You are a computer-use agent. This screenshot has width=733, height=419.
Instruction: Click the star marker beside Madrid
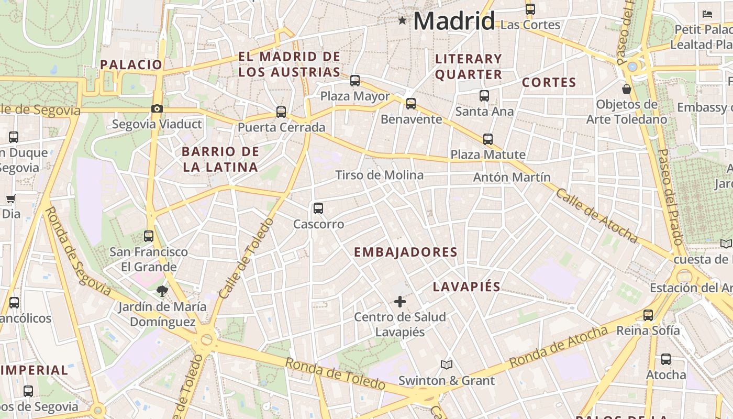point(402,20)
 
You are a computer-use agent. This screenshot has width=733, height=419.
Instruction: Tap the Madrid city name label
point(454,21)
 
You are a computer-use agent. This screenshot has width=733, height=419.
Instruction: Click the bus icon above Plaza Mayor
point(355,81)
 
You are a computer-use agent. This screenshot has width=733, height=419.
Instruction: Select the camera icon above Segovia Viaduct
point(157,109)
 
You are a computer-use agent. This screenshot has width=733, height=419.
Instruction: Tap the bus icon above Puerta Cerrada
point(281,112)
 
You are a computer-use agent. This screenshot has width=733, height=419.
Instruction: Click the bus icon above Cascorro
point(318,208)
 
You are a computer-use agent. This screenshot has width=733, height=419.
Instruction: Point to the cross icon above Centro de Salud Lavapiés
point(400,301)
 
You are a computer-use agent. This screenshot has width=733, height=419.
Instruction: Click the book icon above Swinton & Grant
point(446,365)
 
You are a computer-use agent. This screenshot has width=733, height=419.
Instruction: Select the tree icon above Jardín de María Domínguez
point(162,291)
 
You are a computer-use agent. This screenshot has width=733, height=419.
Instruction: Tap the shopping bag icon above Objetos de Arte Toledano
point(627,89)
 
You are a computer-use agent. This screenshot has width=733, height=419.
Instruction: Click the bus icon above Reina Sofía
point(648,315)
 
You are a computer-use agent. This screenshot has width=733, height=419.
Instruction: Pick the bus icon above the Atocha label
point(666,359)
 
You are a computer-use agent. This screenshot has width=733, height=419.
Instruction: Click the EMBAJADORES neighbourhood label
point(406,252)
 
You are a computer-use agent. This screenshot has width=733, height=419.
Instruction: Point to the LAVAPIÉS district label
point(467,286)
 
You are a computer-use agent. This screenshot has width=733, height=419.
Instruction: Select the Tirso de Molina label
point(379,175)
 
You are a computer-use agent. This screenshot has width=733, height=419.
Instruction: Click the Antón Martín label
point(512,177)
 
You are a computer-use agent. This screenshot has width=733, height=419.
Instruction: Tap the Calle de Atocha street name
point(597,216)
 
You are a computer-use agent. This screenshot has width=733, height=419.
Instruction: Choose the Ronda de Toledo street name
point(335,373)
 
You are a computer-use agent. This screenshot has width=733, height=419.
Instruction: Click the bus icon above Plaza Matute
point(488,139)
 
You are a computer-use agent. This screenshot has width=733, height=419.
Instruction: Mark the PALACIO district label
point(131,64)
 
